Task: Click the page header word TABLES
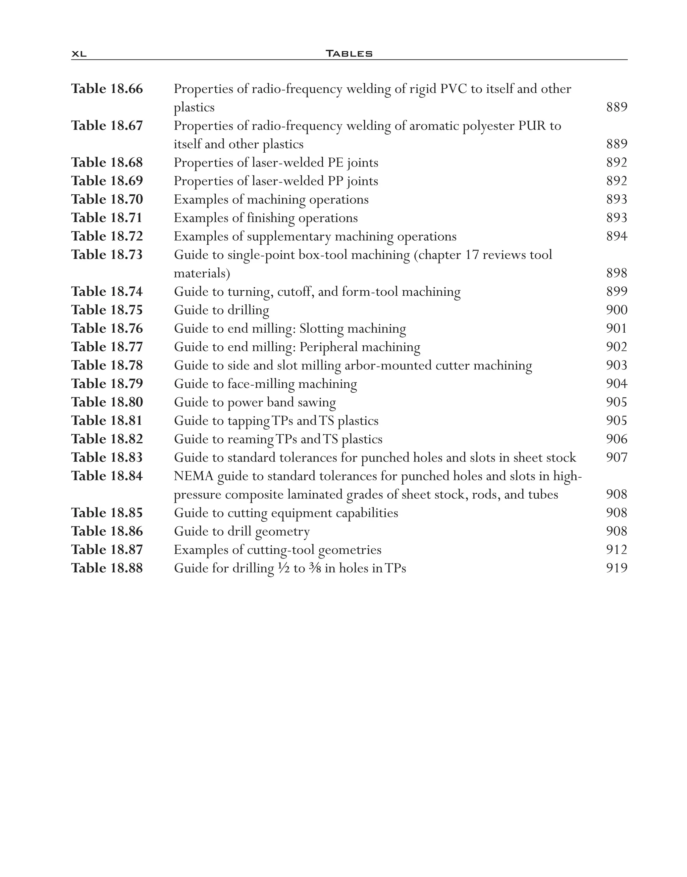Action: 349,53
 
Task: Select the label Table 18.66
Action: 107,89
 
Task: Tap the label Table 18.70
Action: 107,200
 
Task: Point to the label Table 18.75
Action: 107,310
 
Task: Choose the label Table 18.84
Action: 107,476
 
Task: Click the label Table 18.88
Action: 107,568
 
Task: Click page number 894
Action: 617,236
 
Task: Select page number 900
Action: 617,310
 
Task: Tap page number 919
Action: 617,568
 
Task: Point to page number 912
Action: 617,550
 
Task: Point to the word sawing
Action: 317,402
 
